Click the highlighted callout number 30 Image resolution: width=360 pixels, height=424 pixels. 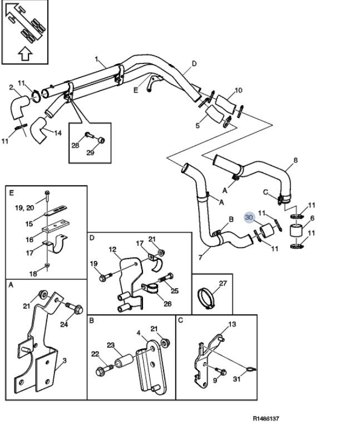pyautogui.click(x=249, y=218)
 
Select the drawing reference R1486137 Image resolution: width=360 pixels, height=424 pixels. pyautogui.click(x=265, y=418)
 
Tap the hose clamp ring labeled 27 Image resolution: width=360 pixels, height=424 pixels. pyautogui.click(x=206, y=298)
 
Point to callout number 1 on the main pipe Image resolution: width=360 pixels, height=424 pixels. pyautogui.click(x=97, y=59)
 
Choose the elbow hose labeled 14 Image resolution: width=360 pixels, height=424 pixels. pyautogui.click(x=38, y=130)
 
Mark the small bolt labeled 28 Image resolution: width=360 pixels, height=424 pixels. pyautogui.click(x=88, y=135)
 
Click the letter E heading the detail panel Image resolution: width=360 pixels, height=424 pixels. pyautogui.click(x=11, y=193)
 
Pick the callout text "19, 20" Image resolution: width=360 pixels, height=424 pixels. pyautogui.click(x=24, y=208)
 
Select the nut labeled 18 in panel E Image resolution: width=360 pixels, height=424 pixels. pyautogui.click(x=47, y=265)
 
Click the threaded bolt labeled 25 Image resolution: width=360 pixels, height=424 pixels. pyautogui.click(x=165, y=279)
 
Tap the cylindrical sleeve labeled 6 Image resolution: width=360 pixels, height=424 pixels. pyautogui.click(x=297, y=231)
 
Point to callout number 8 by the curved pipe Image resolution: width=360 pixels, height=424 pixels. pyautogui.click(x=295, y=160)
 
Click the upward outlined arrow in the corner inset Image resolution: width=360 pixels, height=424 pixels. pyautogui.click(x=25, y=53)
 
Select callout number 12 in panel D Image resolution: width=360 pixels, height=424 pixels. pyautogui.click(x=112, y=249)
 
